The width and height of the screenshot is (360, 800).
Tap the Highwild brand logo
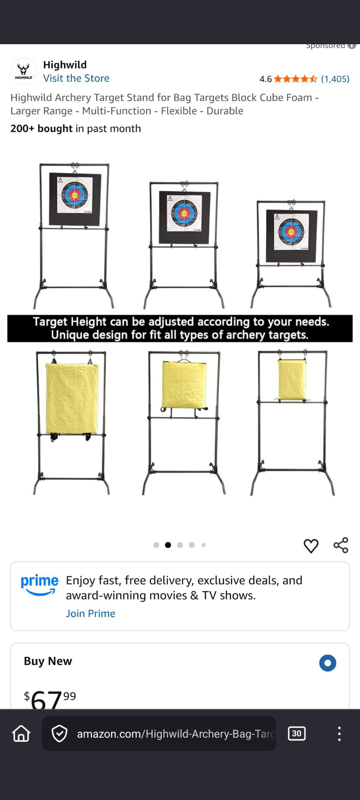23,71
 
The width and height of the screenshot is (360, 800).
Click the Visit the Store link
76,78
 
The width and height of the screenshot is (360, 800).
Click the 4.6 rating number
265,79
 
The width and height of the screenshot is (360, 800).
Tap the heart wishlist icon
311,546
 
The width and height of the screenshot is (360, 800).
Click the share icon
341,545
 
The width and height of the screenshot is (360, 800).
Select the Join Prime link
90,613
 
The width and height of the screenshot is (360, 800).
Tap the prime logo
40,585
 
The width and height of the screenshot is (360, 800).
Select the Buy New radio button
327,663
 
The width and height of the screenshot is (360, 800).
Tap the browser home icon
21,734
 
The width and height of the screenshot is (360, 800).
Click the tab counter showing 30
297,734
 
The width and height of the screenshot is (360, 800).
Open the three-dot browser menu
340,734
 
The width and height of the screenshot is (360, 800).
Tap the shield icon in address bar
60,734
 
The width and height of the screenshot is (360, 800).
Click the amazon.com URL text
175,734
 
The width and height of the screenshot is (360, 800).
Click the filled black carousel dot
168,545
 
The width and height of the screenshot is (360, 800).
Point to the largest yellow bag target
72,398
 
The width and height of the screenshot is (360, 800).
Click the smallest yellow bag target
292,379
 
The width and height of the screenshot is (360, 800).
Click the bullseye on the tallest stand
75,195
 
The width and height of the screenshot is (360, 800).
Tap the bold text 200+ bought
42,129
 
